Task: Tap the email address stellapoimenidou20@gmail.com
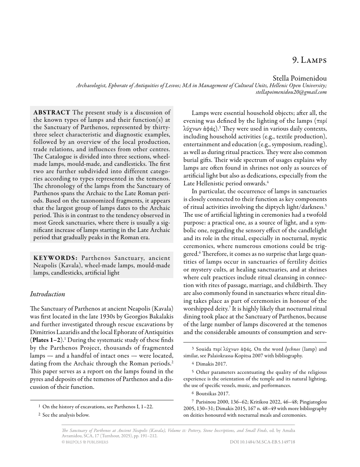(291, 92)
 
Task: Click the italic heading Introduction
(47, 294)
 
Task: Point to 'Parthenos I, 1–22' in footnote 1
(131, 407)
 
